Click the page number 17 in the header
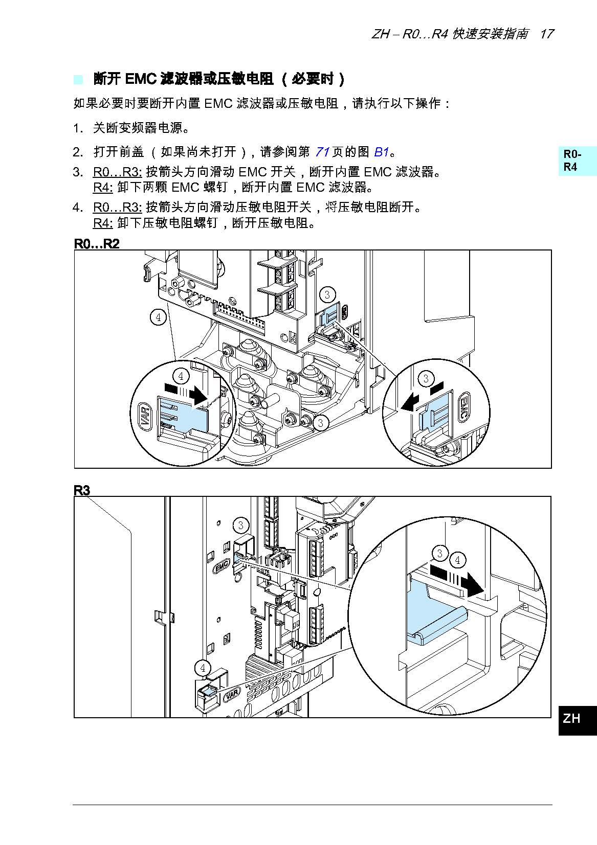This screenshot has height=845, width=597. (546, 34)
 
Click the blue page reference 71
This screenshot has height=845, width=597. (322, 152)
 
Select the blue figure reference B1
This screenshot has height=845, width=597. (382, 152)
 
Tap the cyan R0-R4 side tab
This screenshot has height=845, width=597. (577, 161)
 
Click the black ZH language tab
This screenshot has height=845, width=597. (577, 719)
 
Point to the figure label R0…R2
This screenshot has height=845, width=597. (97, 243)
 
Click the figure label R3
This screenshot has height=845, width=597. (82, 490)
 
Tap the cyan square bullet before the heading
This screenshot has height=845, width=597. (78, 79)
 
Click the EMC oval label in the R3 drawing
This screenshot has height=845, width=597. (222, 566)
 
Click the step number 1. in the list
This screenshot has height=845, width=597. (78, 128)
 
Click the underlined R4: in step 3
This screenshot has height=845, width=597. (102, 188)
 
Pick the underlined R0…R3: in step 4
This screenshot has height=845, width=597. (117, 207)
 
